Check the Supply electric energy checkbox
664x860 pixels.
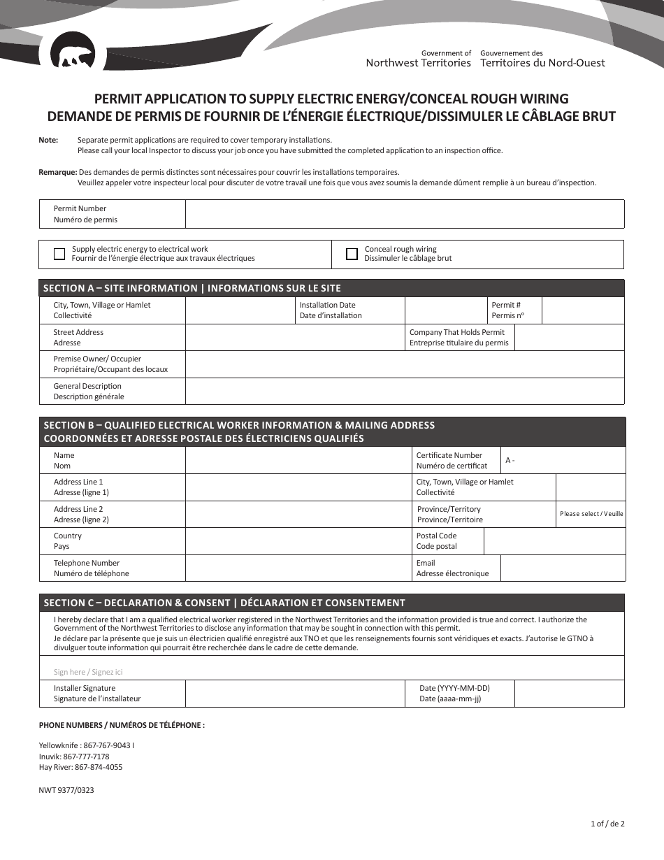click(59, 254)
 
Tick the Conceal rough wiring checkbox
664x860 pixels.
click(352, 254)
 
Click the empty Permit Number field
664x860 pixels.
click(404, 214)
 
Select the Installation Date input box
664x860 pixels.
click(446, 310)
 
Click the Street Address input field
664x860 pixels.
click(294, 338)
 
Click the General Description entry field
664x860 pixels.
click(404, 392)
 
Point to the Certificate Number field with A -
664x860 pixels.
click(563, 461)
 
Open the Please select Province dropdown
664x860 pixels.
click(591, 514)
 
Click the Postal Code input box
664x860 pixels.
click(554, 541)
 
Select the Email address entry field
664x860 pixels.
click(563, 568)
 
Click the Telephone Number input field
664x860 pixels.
click(298, 568)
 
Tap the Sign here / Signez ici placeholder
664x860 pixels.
click(88, 672)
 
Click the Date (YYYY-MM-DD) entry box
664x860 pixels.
click(569, 694)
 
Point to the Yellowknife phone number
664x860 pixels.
click(86, 745)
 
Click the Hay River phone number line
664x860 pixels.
click(80, 767)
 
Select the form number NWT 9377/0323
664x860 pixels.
click(66, 790)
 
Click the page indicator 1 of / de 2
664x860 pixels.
click(607, 824)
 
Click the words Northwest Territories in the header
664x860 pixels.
click(419, 63)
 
